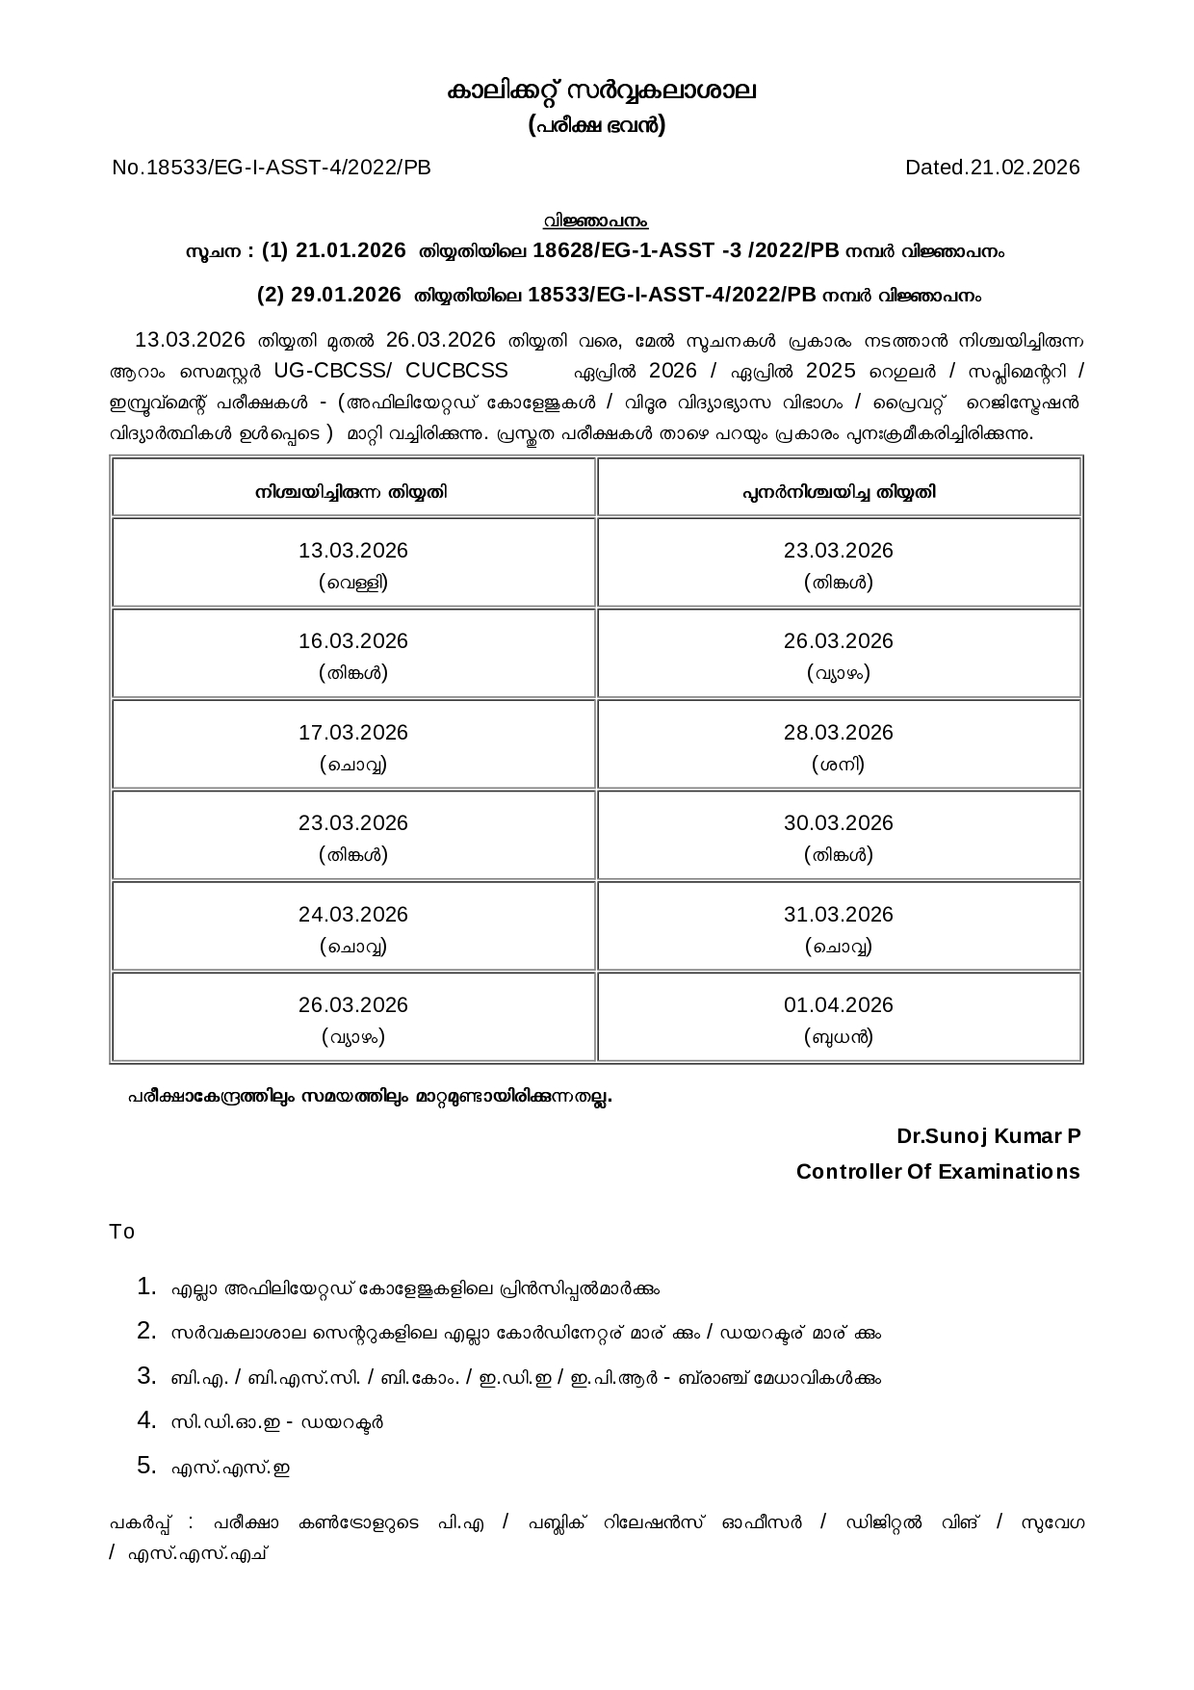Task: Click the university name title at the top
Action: click(x=601, y=91)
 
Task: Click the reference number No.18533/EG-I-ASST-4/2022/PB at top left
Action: click(x=271, y=168)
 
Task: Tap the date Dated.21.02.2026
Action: click(x=992, y=168)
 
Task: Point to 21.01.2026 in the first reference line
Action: click(x=350, y=250)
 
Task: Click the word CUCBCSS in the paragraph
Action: click(x=456, y=371)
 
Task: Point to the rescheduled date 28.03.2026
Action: click(x=839, y=733)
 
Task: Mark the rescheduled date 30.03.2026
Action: click(x=839, y=823)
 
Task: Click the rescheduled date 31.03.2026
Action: click(x=839, y=915)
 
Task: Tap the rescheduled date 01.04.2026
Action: click(x=839, y=1005)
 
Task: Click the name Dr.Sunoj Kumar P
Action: click(x=988, y=1136)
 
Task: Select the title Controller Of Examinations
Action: click(x=938, y=1172)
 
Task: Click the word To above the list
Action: click(x=122, y=1233)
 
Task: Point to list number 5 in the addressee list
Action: click(x=146, y=1466)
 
